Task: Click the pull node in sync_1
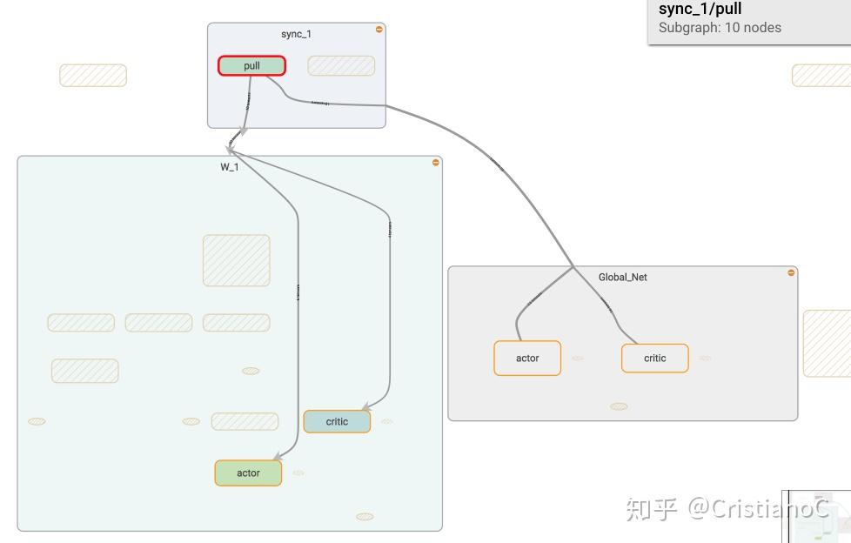pyautogui.click(x=251, y=66)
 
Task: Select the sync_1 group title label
pyautogui.click(x=296, y=34)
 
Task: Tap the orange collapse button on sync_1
pyautogui.click(x=379, y=30)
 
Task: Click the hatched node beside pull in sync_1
pyautogui.click(x=341, y=66)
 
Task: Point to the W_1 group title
pyautogui.click(x=230, y=167)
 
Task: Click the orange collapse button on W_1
pyautogui.click(x=436, y=163)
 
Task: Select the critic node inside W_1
pyautogui.click(x=337, y=422)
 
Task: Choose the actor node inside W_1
pyautogui.click(x=248, y=473)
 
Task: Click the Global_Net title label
pyautogui.click(x=622, y=278)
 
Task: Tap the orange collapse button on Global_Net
pyautogui.click(x=791, y=273)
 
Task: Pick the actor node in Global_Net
pyautogui.click(x=527, y=359)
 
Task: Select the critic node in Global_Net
pyautogui.click(x=654, y=359)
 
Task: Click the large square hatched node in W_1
pyautogui.click(x=237, y=260)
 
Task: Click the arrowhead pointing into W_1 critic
pyautogui.click(x=366, y=407)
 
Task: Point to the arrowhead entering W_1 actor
pyautogui.click(x=277, y=456)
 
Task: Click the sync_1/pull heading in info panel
pyautogui.click(x=700, y=10)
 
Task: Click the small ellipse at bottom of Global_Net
pyautogui.click(x=619, y=406)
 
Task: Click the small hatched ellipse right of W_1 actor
pyautogui.click(x=298, y=473)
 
